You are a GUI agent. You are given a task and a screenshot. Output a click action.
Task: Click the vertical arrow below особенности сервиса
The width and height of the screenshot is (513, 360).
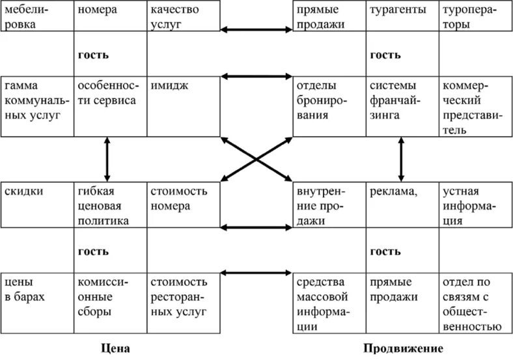pyautogui.click(x=107, y=159)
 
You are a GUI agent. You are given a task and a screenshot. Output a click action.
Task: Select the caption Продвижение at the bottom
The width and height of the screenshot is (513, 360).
pyautogui.click(x=403, y=348)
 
